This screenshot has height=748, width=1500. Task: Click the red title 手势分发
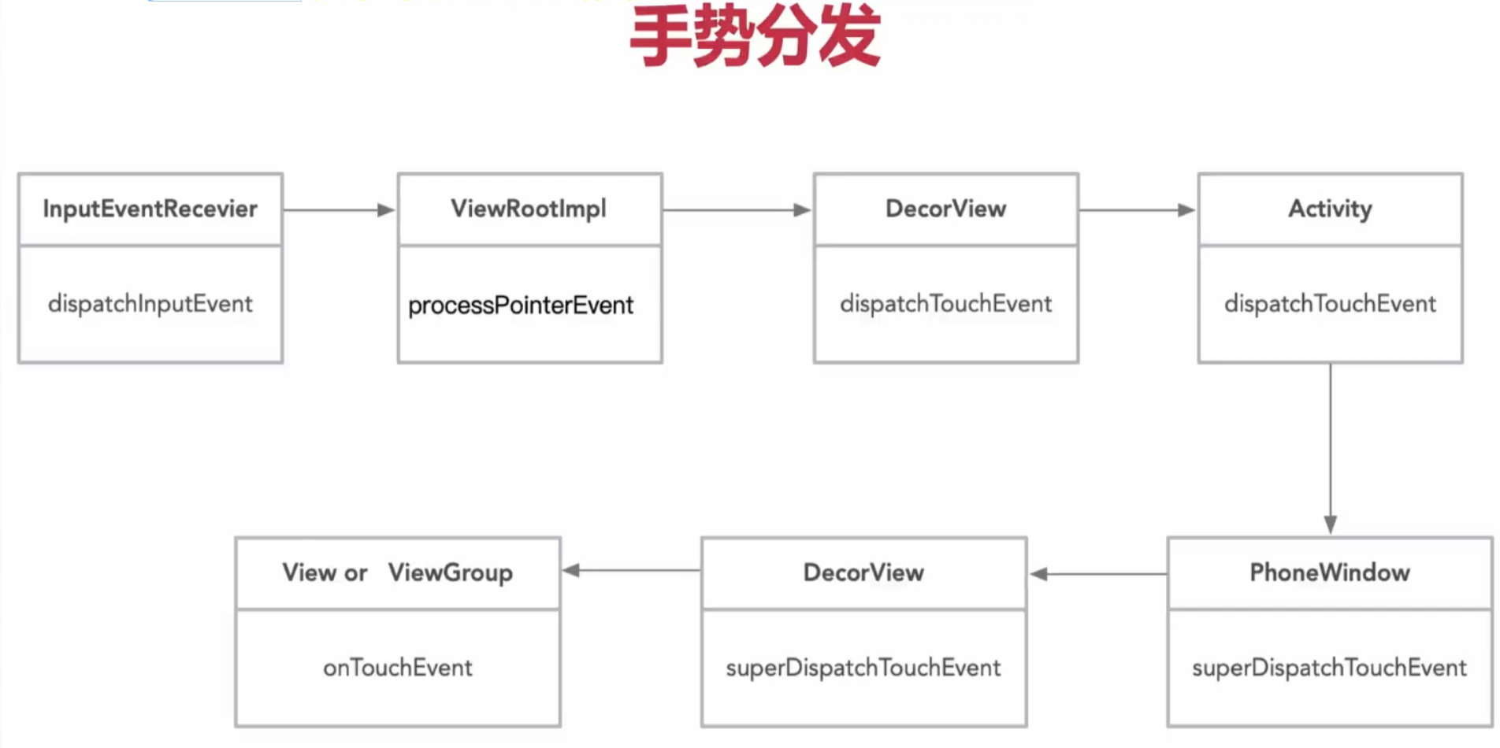[x=755, y=36]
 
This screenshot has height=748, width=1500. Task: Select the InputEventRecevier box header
[x=150, y=209]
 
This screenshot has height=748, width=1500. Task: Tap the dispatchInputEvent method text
[x=150, y=304]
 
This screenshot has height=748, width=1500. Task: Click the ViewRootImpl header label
[x=529, y=209]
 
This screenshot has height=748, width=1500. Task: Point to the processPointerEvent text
[x=520, y=305]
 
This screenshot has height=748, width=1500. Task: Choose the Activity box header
[x=1330, y=209]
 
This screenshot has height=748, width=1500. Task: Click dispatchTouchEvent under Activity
[x=1330, y=304]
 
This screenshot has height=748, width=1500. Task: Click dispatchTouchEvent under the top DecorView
[x=945, y=304]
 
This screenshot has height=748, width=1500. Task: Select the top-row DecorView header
[x=945, y=209]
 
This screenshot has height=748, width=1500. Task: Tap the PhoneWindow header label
[x=1330, y=572]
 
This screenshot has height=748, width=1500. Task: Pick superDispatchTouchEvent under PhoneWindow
[x=1329, y=668]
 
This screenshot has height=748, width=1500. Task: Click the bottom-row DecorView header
[x=863, y=572]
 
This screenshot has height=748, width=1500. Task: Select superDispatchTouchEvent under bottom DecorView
[x=863, y=668]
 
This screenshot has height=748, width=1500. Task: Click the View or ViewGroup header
[x=397, y=572]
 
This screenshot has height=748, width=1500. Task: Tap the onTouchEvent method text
[x=397, y=668]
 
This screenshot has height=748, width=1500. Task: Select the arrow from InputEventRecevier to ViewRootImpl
[x=339, y=210]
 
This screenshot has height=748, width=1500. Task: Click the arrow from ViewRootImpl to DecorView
[x=737, y=210]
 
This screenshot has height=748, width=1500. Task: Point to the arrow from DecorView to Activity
[x=1137, y=210]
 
